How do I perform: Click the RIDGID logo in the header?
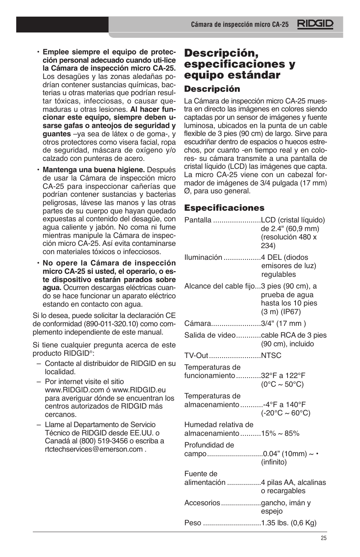pyautogui.click(x=315, y=24)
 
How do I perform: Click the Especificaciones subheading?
pyautogui.click(x=224, y=208)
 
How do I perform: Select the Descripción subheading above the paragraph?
pyautogui.click(x=212, y=89)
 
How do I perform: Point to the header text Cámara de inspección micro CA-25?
pyautogui.click(x=240, y=25)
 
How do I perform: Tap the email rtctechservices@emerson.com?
pyautogui.click(x=94, y=449)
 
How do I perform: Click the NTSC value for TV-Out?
pyautogui.click(x=271, y=355)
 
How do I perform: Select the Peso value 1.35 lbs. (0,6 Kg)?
pyautogui.click(x=289, y=523)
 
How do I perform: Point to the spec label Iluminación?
pyautogui.click(x=203, y=258)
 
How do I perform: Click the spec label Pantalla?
pyautogui.click(x=198, y=220)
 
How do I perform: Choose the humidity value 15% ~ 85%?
pyautogui.click(x=280, y=434)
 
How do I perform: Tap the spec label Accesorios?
pyautogui.click(x=202, y=503)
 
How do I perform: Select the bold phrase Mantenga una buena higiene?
pyautogui.click(x=94, y=170)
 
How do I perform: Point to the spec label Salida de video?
pyautogui.click(x=209, y=335)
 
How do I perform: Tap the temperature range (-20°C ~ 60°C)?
pyautogui.click(x=285, y=413)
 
